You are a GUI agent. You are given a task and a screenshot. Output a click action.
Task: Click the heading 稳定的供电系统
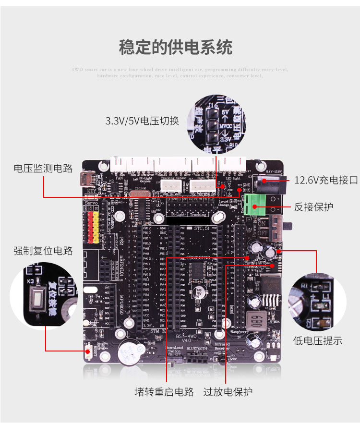click(x=176, y=48)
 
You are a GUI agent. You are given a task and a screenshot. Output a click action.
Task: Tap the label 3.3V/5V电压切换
click(x=142, y=121)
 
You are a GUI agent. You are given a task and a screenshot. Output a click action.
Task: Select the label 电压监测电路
click(x=43, y=168)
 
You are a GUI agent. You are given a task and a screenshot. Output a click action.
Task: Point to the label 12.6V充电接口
click(x=326, y=180)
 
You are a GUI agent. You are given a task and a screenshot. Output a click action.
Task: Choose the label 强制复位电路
click(x=43, y=251)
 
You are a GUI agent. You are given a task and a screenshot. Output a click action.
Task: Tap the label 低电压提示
click(x=318, y=341)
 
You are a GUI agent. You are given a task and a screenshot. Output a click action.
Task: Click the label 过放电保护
click(x=228, y=392)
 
